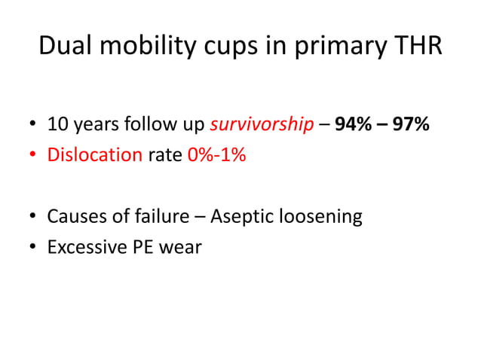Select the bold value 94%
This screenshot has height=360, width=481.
point(352,124)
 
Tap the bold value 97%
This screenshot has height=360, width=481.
point(410,124)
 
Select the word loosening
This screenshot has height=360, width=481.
point(324,218)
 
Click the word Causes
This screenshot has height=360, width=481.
point(76,217)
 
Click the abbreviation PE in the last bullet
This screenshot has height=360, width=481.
point(143,247)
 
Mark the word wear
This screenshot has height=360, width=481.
point(182,248)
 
